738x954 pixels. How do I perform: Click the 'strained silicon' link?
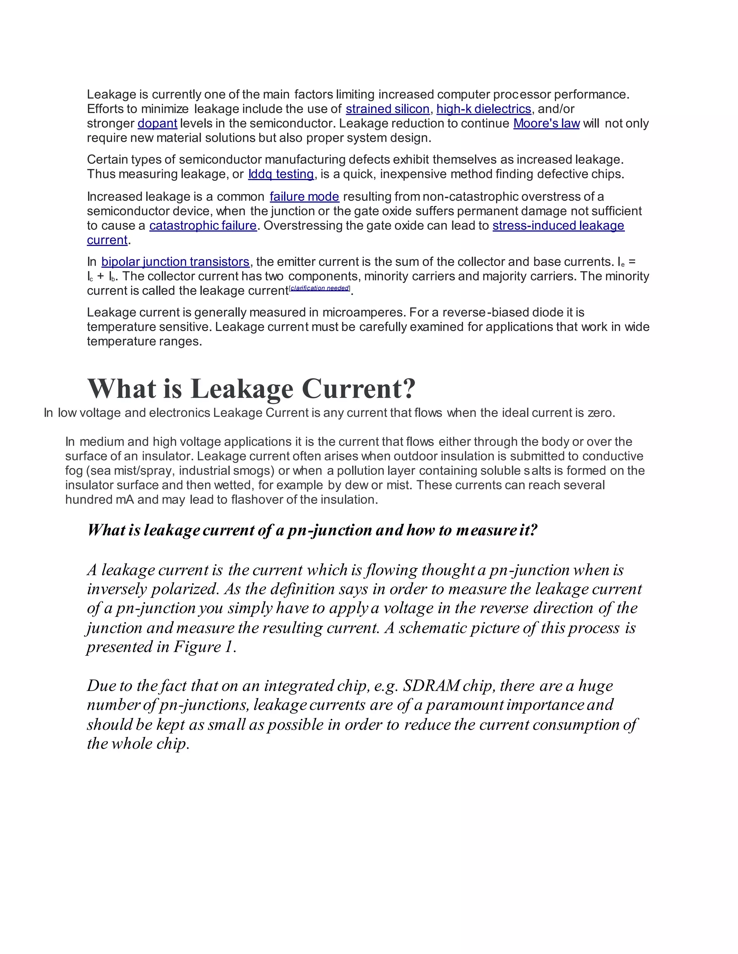pyautogui.click(x=387, y=109)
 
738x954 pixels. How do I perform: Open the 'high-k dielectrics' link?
pyautogui.click(x=484, y=109)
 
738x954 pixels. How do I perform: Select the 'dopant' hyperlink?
pyautogui.click(x=157, y=123)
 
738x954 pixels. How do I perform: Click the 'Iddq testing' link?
pyautogui.click(x=281, y=174)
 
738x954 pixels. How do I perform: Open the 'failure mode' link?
pyautogui.click(x=304, y=197)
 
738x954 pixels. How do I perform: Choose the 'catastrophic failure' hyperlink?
pyautogui.click(x=203, y=226)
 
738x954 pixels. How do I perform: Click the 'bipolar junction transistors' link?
pyautogui.click(x=175, y=262)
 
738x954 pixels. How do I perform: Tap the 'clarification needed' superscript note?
pyautogui.click(x=320, y=288)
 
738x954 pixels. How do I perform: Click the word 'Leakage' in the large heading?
pyautogui.click(x=242, y=388)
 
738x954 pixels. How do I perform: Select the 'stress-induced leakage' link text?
pyautogui.click(x=558, y=226)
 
